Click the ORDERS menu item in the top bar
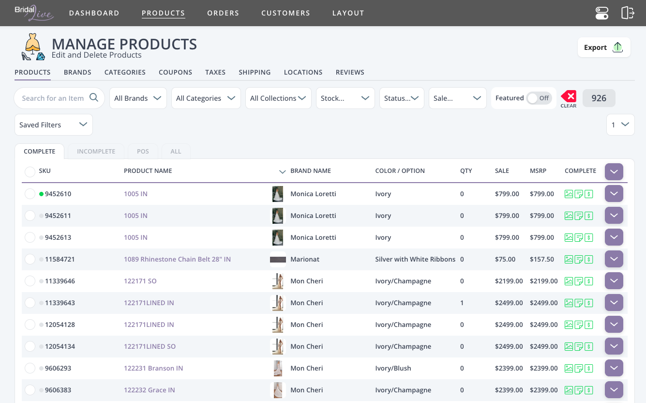click(223, 13)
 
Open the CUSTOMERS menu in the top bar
click(285, 13)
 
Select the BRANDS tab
click(77, 72)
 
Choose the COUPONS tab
click(175, 72)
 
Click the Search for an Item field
click(53, 98)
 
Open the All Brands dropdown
click(138, 98)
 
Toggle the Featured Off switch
click(539, 98)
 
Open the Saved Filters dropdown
click(53, 125)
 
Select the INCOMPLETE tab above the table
click(96, 151)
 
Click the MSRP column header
click(539, 171)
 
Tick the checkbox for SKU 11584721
click(30, 259)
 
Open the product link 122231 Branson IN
click(153, 368)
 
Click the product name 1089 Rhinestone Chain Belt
click(177, 259)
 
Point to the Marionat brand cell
click(305, 259)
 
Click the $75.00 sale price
click(505, 259)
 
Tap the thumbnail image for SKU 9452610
click(278, 194)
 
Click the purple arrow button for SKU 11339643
click(614, 303)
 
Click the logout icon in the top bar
click(628, 13)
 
